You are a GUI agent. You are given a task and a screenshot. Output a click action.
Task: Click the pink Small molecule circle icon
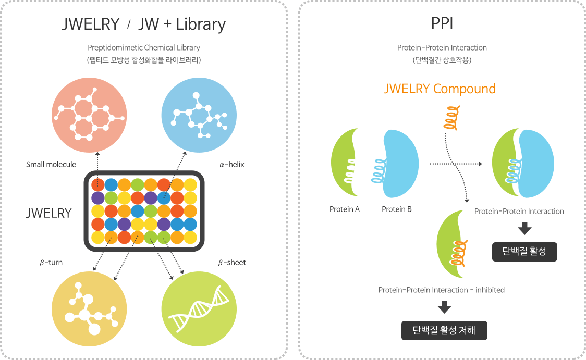point(89,115)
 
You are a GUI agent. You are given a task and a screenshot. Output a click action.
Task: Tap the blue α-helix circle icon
point(199,115)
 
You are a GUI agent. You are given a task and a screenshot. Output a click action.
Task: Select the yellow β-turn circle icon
point(89,309)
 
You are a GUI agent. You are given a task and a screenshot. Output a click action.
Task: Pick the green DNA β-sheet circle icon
point(199,309)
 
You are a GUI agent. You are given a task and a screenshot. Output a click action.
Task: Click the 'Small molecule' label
point(51,164)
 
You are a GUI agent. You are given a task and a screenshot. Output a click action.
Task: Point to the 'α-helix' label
point(231,164)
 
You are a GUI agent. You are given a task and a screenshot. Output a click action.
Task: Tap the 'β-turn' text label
point(51,263)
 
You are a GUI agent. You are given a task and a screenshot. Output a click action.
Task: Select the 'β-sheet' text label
point(231,263)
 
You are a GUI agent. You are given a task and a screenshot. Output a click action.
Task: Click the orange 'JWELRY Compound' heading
point(440,89)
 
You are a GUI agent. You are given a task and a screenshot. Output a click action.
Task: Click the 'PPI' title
point(442,23)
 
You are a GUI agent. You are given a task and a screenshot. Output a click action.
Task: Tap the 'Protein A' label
point(344,209)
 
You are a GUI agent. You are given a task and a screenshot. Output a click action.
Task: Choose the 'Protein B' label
point(397,209)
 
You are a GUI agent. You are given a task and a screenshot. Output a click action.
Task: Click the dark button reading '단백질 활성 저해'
point(444,330)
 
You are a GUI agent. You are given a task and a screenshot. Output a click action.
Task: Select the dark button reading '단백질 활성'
point(524,252)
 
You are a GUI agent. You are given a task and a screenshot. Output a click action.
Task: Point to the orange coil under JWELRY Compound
point(452,118)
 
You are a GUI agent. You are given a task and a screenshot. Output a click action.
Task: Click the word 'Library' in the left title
point(201,24)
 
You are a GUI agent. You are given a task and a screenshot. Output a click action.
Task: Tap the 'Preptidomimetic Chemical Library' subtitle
point(144,48)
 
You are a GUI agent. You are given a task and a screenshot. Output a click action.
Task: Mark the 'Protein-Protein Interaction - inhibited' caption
point(442,290)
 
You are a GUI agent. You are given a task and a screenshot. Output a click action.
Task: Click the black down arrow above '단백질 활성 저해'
point(444,307)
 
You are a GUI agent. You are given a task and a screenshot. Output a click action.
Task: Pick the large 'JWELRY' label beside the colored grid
point(48,213)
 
